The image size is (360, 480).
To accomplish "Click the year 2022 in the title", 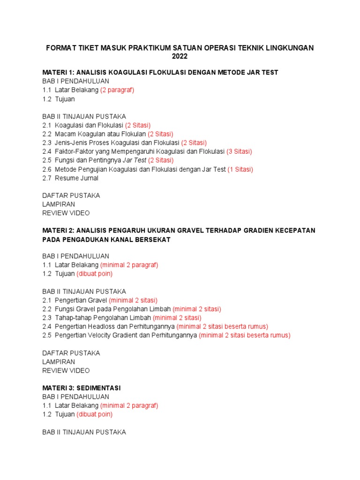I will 180,57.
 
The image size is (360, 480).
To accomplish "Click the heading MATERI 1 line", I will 160,73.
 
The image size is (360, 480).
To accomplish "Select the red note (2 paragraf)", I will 117,90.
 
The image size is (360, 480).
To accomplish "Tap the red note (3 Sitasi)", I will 239,151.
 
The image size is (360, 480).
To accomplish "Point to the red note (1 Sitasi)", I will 240,169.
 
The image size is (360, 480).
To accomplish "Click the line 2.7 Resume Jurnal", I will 70,178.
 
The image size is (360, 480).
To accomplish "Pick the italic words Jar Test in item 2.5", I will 135,160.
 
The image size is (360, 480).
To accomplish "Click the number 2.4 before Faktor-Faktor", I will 47,151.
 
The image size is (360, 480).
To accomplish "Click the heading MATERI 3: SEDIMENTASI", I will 82,388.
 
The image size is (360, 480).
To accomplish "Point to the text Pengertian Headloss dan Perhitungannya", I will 115,326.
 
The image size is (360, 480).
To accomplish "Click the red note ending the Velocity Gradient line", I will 245,335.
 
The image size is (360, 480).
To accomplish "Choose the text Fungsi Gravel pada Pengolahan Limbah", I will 112,309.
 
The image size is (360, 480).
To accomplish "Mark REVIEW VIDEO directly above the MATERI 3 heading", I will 66,370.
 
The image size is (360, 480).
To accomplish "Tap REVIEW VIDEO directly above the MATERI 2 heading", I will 66,213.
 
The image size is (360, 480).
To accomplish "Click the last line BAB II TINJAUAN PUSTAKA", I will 84,432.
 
